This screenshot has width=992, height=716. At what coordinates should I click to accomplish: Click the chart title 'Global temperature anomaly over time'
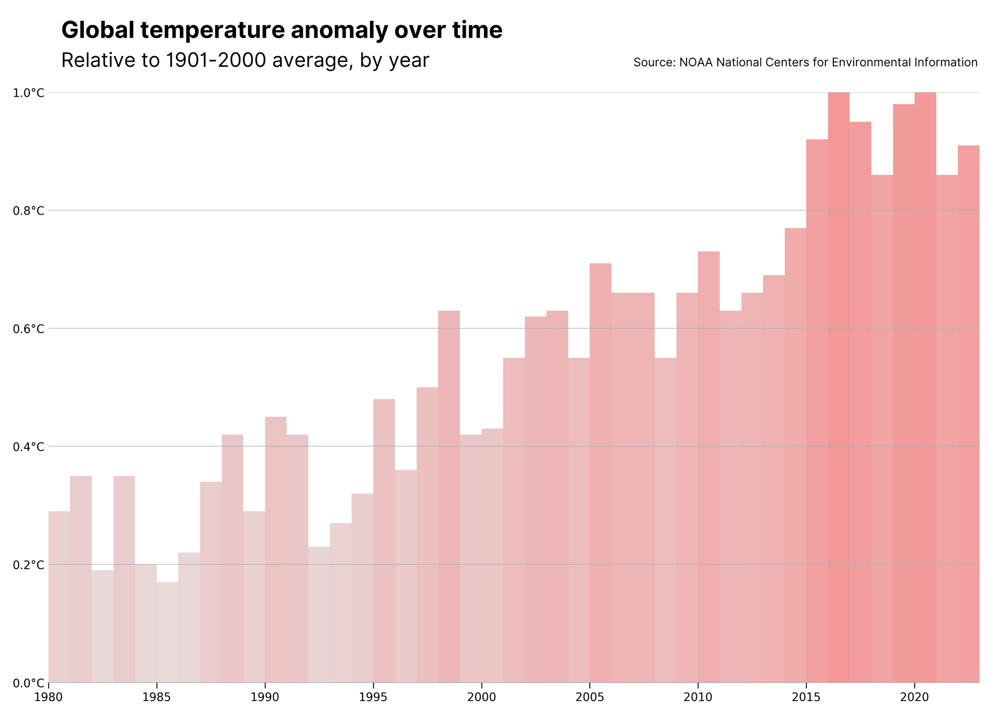[282, 31]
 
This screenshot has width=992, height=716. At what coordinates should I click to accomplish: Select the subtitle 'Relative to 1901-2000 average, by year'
[245, 60]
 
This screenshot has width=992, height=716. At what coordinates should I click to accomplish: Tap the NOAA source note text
[806, 62]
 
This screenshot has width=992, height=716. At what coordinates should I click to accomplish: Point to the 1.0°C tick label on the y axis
[28, 93]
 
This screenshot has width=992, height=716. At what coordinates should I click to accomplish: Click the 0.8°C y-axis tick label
[28, 211]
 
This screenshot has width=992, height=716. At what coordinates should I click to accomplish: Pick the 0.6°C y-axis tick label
[28, 329]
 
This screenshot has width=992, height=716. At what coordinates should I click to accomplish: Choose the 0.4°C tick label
[28, 447]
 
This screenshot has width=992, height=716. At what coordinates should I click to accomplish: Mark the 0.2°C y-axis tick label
[28, 565]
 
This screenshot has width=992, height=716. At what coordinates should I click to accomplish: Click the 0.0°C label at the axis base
[28, 683]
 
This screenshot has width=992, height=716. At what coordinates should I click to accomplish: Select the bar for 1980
[59, 597]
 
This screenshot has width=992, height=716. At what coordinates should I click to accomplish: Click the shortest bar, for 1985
[168, 632]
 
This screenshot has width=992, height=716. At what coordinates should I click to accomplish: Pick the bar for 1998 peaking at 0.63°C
[449, 497]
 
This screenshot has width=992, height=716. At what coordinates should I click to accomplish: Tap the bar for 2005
[601, 473]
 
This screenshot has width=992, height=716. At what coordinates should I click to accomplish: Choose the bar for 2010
[709, 467]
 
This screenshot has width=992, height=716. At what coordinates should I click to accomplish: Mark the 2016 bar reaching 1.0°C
[839, 388]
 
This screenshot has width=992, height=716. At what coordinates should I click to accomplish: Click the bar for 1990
[276, 550]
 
